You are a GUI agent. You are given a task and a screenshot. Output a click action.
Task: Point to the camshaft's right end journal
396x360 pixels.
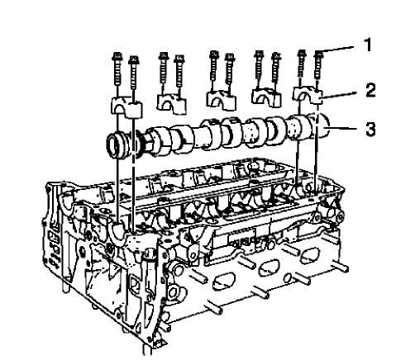[x=317, y=129]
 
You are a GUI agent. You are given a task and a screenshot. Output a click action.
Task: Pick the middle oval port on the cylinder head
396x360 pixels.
[x=273, y=266]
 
